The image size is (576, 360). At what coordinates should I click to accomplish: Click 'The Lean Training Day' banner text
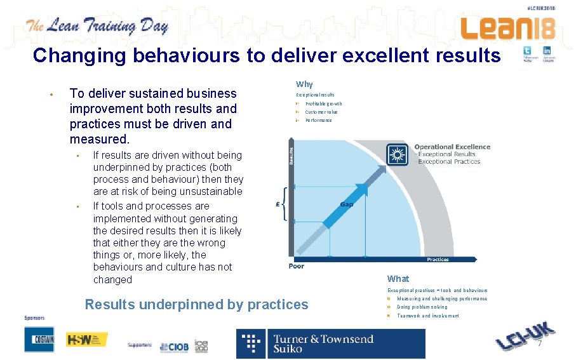click(x=97, y=27)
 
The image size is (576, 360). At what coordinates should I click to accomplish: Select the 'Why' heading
click(x=304, y=84)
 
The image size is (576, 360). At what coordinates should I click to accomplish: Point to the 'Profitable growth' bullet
click(x=323, y=103)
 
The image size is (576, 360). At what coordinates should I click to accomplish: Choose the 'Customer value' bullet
click(x=321, y=112)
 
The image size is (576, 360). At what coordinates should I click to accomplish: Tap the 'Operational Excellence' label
click(x=452, y=147)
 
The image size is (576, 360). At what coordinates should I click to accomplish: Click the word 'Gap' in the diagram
click(x=347, y=204)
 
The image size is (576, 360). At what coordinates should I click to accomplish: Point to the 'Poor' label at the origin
click(x=297, y=266)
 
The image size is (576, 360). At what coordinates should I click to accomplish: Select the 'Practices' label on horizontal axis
click(x=438, y=259)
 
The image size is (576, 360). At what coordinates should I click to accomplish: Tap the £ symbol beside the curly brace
click(x=278, y=204)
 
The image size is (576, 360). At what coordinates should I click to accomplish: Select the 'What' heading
click(x=398, y=279)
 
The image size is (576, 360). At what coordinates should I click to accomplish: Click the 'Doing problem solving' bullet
click(x=422, y=307)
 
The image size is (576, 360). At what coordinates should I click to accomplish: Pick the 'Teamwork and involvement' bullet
click(x=427, y=316)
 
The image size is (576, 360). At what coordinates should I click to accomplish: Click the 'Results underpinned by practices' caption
click(x=196, y=304)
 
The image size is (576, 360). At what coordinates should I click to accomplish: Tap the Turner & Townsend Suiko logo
click(x=331, y=343)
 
